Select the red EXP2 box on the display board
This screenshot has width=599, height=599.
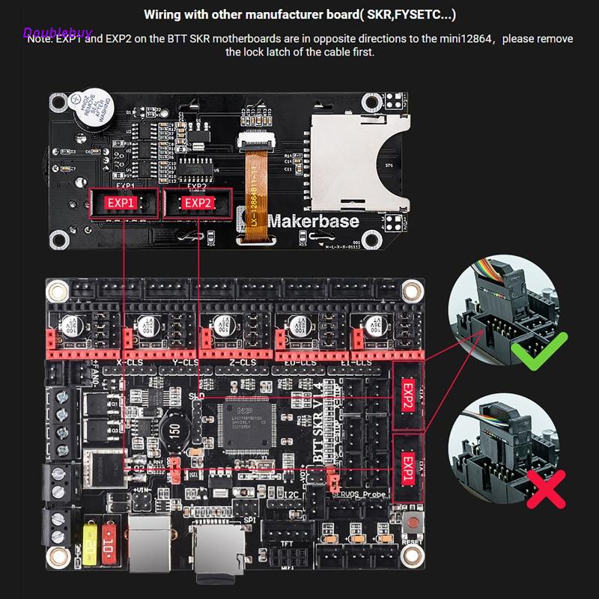pos(199,203)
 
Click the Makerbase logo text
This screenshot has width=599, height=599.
pos(313,222)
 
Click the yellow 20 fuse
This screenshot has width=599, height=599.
pos(90,538)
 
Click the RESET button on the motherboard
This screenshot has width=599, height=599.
pos(410,526)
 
